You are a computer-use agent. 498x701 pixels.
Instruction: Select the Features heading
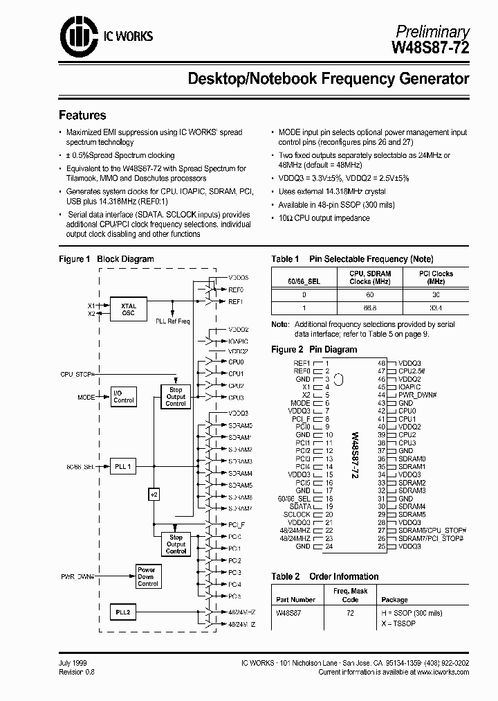click(x=82, y=115)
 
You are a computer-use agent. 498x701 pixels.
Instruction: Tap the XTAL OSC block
click(x=128, y=309)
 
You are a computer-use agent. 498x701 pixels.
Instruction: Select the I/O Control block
click(x=124, y=396)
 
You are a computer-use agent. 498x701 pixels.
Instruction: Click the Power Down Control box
click(x=147, y=576)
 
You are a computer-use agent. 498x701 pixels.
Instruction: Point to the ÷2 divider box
click(x=154, y=495)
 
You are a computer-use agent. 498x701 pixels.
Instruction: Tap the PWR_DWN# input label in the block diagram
click(x=78, y=575)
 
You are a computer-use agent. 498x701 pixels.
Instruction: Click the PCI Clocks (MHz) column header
click(x=436, y=278)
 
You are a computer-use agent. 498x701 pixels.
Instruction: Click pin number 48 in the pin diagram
click(x=381, y=362)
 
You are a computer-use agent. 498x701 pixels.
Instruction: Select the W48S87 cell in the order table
click(x=289, y=613)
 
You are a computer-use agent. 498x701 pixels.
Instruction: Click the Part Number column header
click(x=295, y=600)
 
